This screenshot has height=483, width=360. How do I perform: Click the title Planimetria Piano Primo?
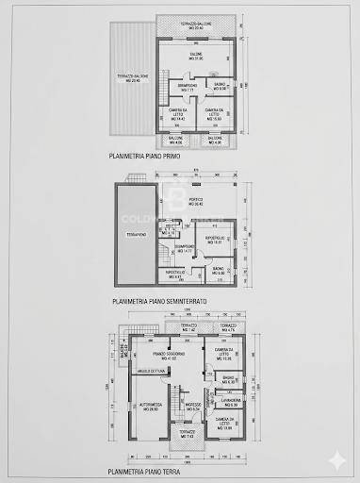(142, 159)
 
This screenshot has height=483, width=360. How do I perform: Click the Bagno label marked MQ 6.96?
(220, 87)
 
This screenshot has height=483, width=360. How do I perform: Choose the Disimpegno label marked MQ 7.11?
(186, 87)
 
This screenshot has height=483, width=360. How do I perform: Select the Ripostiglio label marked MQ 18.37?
(215, 240)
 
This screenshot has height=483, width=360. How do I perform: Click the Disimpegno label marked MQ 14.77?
(184, 250)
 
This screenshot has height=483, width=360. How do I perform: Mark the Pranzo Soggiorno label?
(171, 356)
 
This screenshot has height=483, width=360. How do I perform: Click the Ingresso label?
(191, 407)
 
